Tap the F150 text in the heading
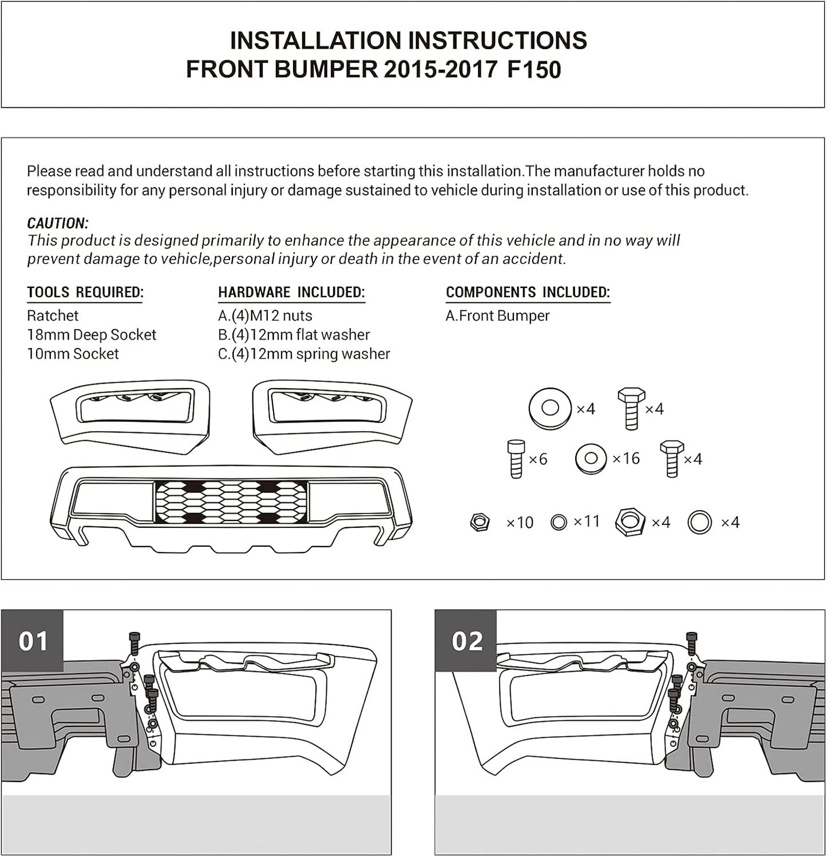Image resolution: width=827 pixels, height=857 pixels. click(534, 70)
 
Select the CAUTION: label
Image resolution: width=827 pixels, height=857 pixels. click(58, 223)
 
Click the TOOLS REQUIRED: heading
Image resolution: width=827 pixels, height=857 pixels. click(85, 293)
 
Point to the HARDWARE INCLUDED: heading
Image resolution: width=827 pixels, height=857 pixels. click(291, 293)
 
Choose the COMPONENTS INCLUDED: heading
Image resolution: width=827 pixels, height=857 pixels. click(528, 293)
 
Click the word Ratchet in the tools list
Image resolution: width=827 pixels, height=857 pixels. click(53, 315)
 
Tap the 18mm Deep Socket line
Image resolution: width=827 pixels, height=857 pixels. click(92, 335)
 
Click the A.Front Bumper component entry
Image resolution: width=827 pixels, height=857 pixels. click(497, 315)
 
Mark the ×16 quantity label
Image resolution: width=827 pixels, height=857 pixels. click(626, 459)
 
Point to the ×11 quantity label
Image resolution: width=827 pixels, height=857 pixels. click(587, 522)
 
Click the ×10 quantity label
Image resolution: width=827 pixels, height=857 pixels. click(520, 523)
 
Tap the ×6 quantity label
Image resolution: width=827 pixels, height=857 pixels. click(538, 459)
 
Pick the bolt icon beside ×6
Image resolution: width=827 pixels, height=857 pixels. click(516, 459)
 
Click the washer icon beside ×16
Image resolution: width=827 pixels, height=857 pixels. click(592, 459)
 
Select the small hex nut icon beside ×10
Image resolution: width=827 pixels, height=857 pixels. click(479, 522)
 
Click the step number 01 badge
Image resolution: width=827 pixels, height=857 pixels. click(33, 641)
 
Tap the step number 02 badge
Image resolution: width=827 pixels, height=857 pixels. click(466, 641)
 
